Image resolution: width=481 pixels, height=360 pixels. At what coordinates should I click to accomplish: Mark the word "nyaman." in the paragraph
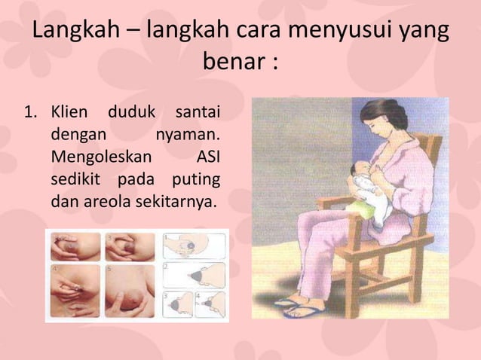point(188,138)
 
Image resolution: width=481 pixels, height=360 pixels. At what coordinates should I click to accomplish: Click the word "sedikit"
point(75,181)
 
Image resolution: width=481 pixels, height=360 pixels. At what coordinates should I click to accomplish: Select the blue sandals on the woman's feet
point(302,306)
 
